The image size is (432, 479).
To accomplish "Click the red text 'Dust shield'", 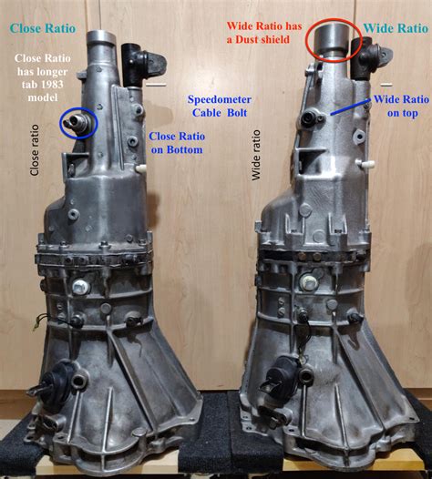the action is pyautogui.click(x=262, y=39).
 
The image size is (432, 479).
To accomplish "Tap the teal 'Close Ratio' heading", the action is pyautogui.click(x=43, y=28).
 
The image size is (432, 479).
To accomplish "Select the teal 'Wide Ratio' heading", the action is pyautogui.click(x=396, y=28).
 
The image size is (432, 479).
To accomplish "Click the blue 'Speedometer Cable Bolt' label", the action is pyautogui.click(x=220, y=106).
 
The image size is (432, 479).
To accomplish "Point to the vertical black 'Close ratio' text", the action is pyautogui.click(x=35, y=150).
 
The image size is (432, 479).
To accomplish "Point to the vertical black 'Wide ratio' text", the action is pyautogui.click(x=255, y=155).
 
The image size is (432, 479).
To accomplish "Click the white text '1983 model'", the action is pyautogui.click(x=43, y=91).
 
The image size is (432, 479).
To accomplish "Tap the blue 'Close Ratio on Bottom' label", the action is pyautogui.click(x=177, y=143).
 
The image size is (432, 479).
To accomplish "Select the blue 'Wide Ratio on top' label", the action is pyautogui.click(x=401, y=106).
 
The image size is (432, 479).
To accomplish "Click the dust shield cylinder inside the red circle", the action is pyautogui.click(x=333, y=39).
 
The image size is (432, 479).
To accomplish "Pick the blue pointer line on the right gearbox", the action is pyautogui.click(x=350, y=107).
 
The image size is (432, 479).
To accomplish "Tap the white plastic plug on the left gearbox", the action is pyautogui.click(x=141, y=168).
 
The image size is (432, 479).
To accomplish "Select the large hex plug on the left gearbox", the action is pyautogui.click(x=81, y=287).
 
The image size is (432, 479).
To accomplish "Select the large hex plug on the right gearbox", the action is pyautogui.click(x=309, y=281).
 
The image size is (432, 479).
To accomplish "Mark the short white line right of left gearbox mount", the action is pyautogui.click(x=156, y=85).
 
